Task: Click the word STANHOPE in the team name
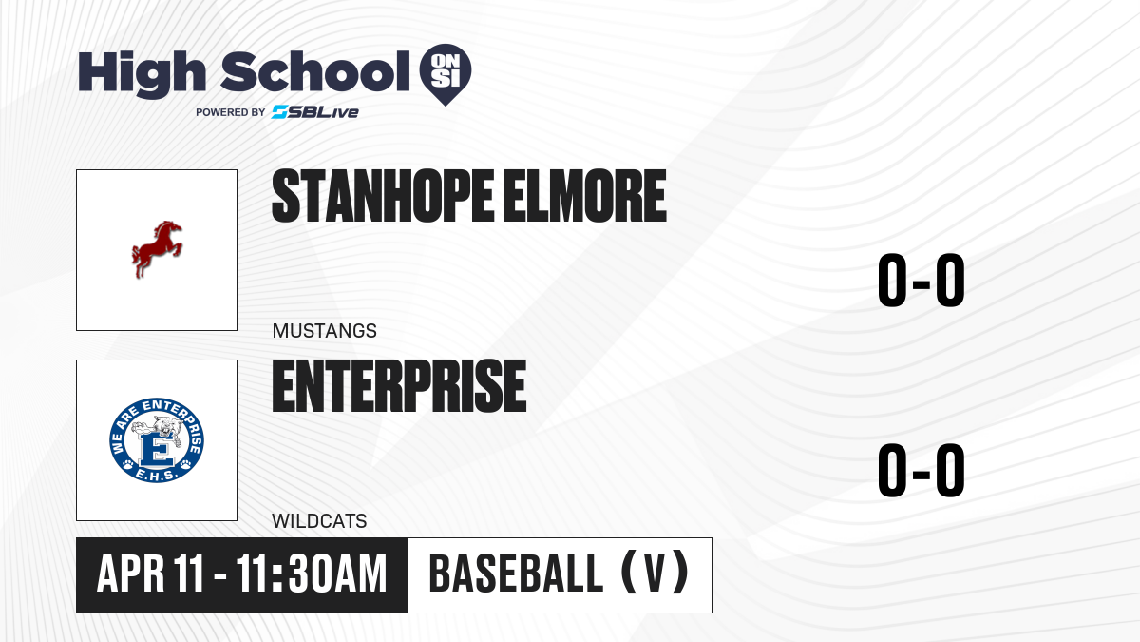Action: [383, 196]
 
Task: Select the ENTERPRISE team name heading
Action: [400, 386]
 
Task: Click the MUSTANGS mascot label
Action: [325, 331]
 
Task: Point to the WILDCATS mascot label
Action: [319, 521]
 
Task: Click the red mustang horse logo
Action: [157, 249]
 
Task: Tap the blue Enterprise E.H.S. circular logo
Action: [157, 440]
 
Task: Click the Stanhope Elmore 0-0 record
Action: [921, 281]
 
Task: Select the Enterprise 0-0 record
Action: [921, 470]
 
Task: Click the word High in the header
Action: [142, 74]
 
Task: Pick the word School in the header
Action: [315, 71]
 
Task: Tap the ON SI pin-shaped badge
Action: [446, 74]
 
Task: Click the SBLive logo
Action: [315, 112]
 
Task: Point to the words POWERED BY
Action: [231, 112]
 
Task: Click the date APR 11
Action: [150, 574]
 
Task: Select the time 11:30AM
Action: [312, 574]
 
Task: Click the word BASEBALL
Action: [516, 574]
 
